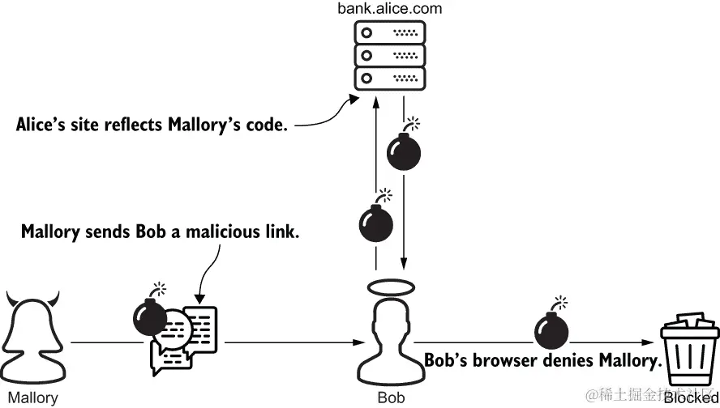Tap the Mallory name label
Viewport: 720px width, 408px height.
tap(32, 398)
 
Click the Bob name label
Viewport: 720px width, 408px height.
tap(391, 398)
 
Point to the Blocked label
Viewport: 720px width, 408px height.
tap(690, 398)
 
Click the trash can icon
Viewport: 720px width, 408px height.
tap(689, 349)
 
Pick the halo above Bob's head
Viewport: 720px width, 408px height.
tap(390, 287)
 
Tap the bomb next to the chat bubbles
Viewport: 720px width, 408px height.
tap(149, 316)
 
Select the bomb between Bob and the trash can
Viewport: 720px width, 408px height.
tap(551, 329)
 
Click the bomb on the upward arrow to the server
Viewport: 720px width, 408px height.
tap(375, 220)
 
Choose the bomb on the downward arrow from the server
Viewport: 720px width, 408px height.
tap(404, 149)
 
